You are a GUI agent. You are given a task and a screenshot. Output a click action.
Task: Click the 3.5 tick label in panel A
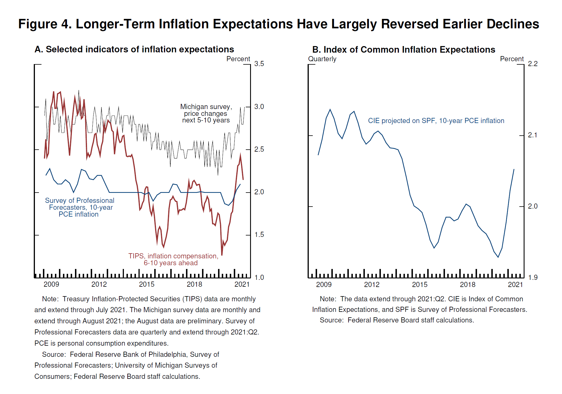coord(259,64)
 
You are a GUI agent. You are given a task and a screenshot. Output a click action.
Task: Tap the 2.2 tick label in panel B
coord(533,64)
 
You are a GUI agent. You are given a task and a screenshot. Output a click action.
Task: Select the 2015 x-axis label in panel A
coord(147,284)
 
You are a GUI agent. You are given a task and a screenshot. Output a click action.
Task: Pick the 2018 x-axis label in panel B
coord(467,284)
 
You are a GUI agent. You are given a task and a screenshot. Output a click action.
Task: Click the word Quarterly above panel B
coord(322,59)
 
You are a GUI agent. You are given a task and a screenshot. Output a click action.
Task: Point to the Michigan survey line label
coord(206,113)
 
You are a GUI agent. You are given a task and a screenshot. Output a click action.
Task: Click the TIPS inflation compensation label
coord(173,260)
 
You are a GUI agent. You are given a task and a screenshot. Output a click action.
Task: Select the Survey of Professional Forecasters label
coord(80,207)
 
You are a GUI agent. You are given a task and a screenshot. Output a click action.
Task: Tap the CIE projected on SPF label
coord(436,121)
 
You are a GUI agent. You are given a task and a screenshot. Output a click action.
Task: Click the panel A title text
coord(134,50)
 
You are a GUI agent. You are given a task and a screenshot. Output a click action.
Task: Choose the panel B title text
coord(403,50)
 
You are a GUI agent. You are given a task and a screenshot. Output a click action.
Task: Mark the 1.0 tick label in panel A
coord(259,277)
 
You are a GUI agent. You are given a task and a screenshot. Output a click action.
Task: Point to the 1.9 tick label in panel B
coord(533,277)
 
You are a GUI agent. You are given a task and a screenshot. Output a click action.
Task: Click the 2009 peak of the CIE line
coord(330,109)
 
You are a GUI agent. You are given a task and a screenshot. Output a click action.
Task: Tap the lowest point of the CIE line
coord(498,257)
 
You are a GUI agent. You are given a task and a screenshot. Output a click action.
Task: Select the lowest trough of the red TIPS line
coord(222,255)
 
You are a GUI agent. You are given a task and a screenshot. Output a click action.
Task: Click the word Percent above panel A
coord(238,59)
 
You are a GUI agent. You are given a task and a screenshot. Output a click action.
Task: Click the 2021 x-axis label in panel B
coord(515,284)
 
